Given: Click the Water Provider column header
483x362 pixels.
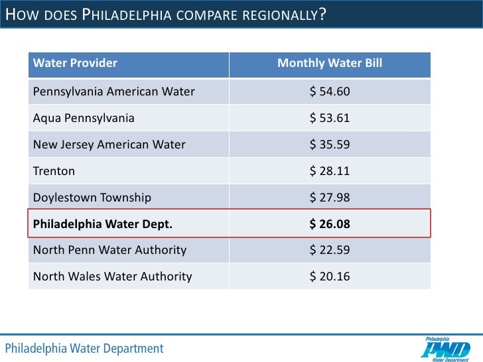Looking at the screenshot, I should click(75, 64).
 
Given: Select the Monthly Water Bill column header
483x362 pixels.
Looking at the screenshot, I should click(329, 64).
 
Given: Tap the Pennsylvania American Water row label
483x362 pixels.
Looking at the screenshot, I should click(113, 91).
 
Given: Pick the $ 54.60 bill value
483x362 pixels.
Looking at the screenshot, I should click(330, 91).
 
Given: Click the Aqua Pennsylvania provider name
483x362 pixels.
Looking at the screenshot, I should click(84, 118).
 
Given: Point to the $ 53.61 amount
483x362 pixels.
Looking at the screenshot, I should click(330, 118).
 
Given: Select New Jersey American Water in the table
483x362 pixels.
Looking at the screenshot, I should click(109, 145).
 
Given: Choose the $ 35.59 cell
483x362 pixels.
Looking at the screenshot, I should click(330, 145).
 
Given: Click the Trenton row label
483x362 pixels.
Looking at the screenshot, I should click(54, 171).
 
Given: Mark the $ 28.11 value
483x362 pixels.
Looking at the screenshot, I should click(330, 171).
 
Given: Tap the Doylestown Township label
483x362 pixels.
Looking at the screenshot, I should click(92, 198).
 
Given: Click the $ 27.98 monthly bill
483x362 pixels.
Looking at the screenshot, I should click(330, 198).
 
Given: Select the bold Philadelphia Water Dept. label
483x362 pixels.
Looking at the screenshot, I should click(103, 224).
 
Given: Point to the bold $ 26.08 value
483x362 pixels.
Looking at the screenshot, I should click(330, 224).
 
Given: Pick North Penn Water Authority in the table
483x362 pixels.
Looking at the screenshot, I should click(109, 251).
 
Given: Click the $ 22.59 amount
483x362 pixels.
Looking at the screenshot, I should click(330, 251).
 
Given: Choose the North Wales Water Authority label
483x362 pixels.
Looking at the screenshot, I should click(112, 277).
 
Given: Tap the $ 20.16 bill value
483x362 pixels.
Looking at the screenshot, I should click(330, 277).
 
